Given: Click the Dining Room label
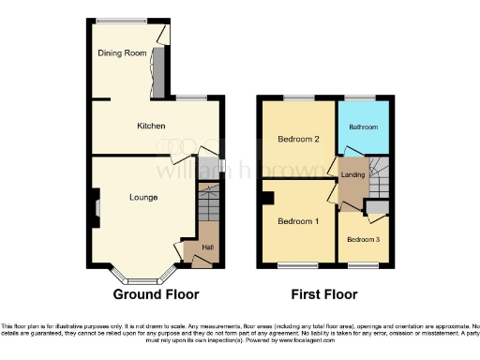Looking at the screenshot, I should click(x=125, y=53).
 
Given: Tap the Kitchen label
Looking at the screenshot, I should click(x=151, y=126).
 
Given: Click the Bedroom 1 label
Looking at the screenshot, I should click(x=298, y=221).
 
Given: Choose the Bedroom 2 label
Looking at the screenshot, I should click(x=298, y=140).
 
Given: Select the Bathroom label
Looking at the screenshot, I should click(x=364, y=127).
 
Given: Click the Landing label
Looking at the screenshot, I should click(x=352, y=175).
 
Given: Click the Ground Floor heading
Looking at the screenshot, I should click(x=157, y=293).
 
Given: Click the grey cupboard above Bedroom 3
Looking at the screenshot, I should click(x=377, y=207).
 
